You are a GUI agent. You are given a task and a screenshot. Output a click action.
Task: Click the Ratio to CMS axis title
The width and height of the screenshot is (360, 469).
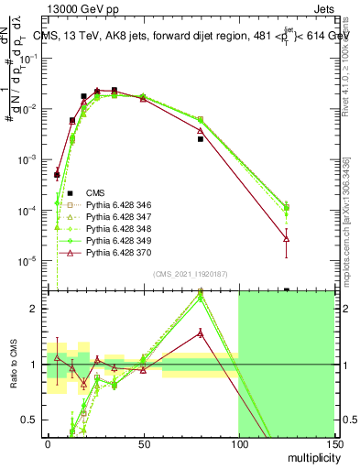tap(12, 365)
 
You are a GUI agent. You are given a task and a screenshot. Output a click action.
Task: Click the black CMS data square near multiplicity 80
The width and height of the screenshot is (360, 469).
tap(200, 139)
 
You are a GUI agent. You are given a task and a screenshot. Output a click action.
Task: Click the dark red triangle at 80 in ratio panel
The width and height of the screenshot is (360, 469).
tap(200, 333)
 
